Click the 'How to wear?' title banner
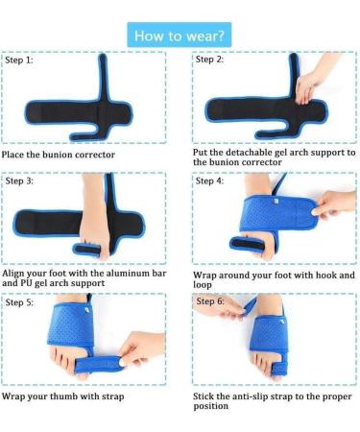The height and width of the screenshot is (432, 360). [180, 36]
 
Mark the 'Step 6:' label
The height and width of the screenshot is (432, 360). [211, 301]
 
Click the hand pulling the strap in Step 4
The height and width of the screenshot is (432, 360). [331, 204]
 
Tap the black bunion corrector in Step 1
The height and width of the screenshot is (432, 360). [91, 96]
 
